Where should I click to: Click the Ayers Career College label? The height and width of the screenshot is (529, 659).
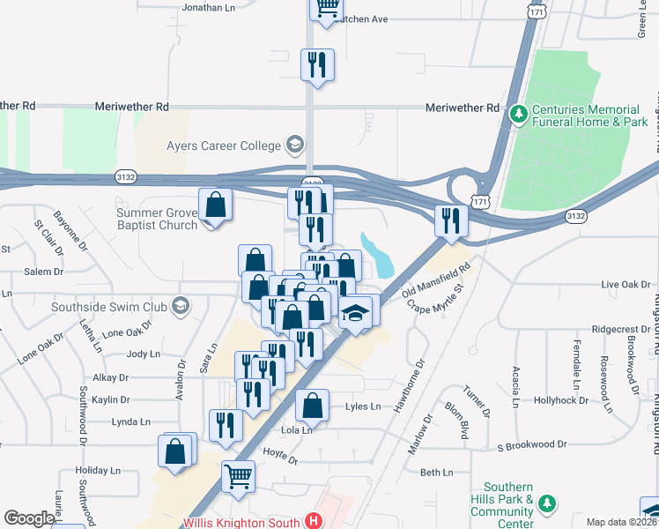pos(223,145)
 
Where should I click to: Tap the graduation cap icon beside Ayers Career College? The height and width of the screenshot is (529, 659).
pos(295,145)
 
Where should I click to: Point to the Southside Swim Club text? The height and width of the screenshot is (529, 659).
pos(109,307)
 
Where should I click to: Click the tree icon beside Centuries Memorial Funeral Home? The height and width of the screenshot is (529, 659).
pos(518,114)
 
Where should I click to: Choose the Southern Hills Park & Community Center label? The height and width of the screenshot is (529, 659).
pos(509,505)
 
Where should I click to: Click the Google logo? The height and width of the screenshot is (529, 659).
pos(29,519)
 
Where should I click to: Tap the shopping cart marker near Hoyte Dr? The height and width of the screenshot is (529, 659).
pos(238,477)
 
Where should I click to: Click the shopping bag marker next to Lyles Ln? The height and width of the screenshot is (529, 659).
pos(312,406)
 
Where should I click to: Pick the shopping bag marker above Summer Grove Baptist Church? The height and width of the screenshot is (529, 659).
pos(215,205)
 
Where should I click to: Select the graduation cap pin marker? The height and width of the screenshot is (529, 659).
pos(355,314)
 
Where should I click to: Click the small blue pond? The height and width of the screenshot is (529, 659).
pos(381,256)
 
